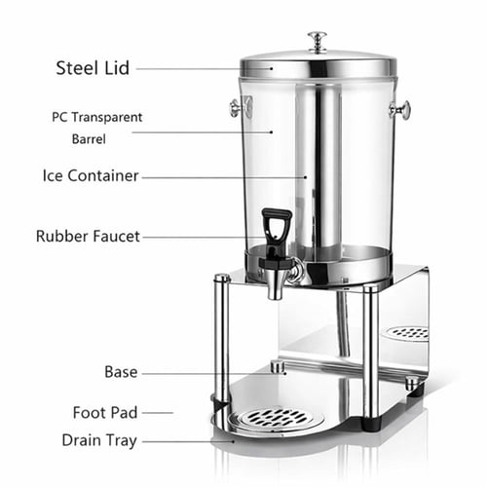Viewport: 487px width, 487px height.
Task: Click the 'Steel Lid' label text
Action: coord(93,68)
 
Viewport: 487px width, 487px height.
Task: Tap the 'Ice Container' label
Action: coord(91,175)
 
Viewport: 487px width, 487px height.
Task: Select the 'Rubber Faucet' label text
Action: coord(88,236)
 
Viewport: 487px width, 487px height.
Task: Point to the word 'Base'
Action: coord(121,372)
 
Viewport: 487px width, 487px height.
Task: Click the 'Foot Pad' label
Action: coord(105,413)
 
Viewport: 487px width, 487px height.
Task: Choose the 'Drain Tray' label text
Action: coord(99,440)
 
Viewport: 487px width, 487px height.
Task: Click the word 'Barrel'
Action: coord(89,139)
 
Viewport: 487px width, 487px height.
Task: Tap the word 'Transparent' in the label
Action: coord(107,117)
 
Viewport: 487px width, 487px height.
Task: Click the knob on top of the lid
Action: coord(318,41)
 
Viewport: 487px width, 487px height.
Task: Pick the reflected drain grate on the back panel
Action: coord(408,333)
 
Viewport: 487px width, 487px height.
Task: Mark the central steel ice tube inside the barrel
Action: coord(318,169)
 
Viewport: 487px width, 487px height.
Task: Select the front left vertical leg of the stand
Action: coord(222,342)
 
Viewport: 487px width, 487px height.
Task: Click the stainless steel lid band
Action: coord(318,69)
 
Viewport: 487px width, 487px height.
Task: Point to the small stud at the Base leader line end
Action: coord(278,366)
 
